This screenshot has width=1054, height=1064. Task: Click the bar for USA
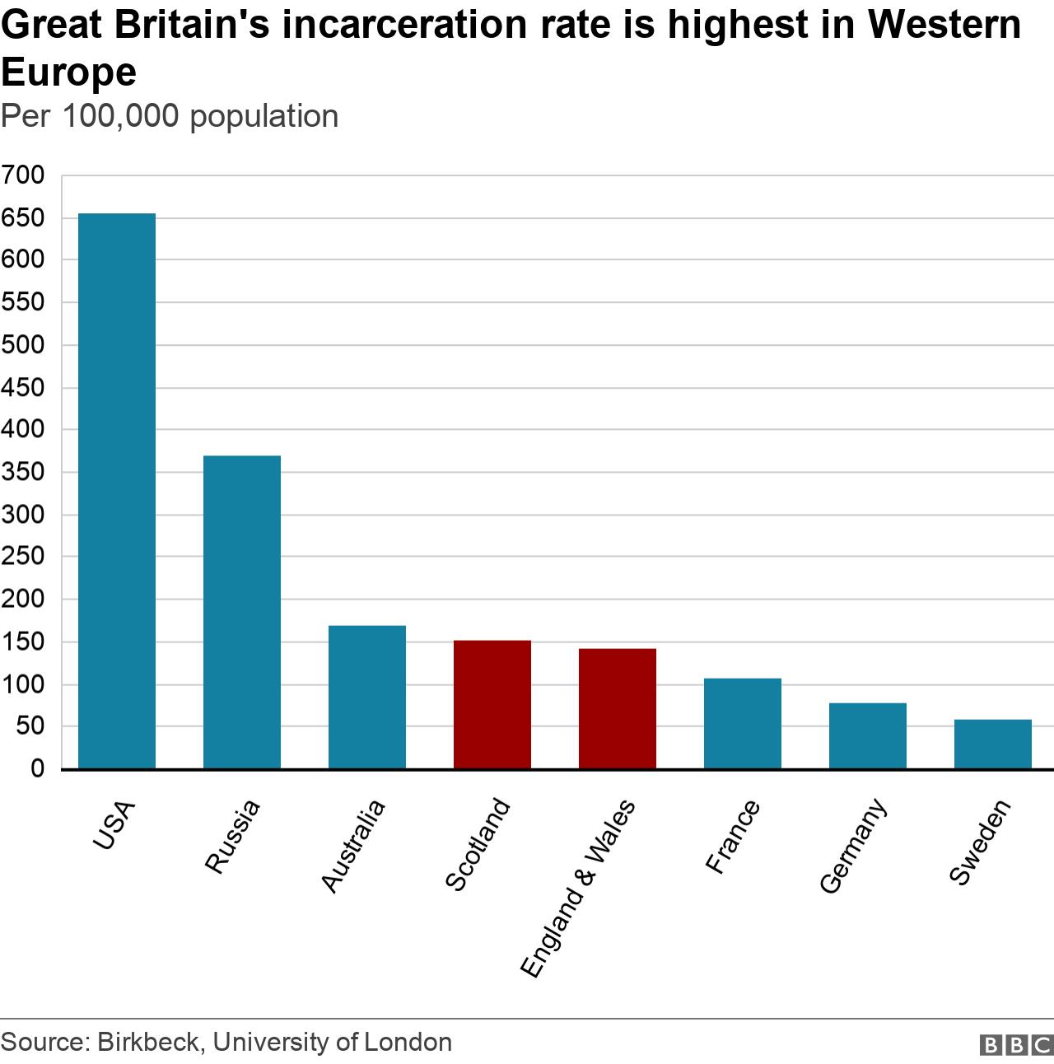(117, 491)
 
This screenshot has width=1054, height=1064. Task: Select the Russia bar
(242, 612)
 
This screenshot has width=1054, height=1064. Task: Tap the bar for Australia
(367, 697)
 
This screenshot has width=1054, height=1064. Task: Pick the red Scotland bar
(492, 704)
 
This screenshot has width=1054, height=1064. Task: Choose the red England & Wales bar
(618, 708)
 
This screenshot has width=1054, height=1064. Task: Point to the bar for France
(743, 723)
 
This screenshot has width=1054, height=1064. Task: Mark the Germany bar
(868, 735)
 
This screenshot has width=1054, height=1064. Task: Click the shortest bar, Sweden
(993, 744)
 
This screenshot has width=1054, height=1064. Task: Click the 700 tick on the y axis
(23, 175)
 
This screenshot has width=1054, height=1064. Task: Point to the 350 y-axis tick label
(23, 472)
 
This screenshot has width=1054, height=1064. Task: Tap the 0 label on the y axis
(37, 768)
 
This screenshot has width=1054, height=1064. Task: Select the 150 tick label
(23, 642)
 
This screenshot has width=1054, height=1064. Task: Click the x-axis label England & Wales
(579, 888)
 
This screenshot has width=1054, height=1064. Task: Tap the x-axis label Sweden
(979, 842)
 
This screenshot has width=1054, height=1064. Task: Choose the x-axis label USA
(114, 825)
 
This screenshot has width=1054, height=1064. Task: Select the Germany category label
(853, 846)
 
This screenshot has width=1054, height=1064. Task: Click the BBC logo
(1016, 1044)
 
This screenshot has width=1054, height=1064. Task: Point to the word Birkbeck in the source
(148, 1042)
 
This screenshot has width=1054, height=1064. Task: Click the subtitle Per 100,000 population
(170, 116)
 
